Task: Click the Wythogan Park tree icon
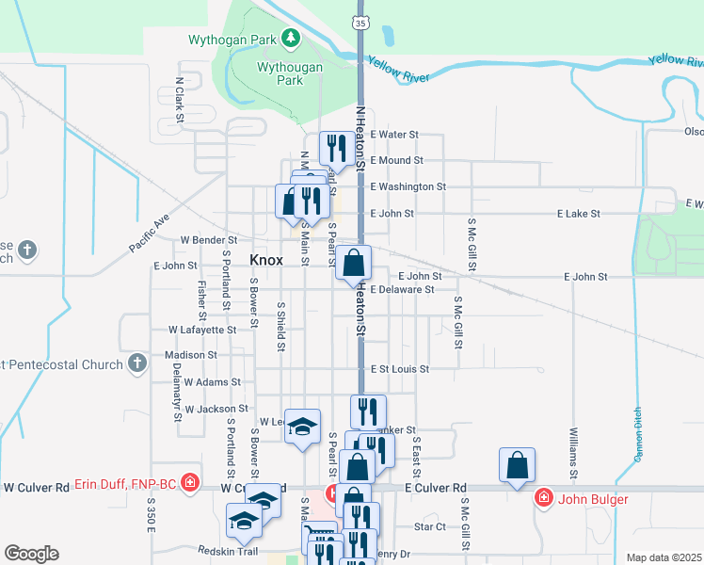coord(292,39)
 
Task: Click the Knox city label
coord(266,260)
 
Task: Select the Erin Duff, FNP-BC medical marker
coord(189,483)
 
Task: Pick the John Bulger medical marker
coord(543,498)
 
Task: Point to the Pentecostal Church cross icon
coord(137,363)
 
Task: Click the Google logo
coord(31,554)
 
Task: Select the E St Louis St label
coord(399,369)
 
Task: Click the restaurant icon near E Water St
coord(334,148)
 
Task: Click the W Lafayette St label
coord(202,331)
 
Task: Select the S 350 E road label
coord(151,519)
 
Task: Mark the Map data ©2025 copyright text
coord(663,557)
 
